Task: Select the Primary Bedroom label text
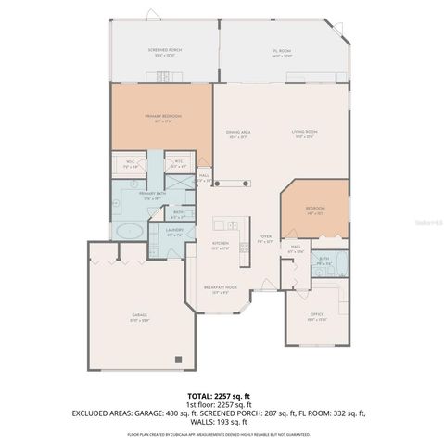[162, 116]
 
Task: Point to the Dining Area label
[238, 133]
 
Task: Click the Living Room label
[303, 133]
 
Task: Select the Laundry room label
[175, 233]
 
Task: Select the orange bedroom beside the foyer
[316, 210]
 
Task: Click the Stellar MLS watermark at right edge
[429, 222]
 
